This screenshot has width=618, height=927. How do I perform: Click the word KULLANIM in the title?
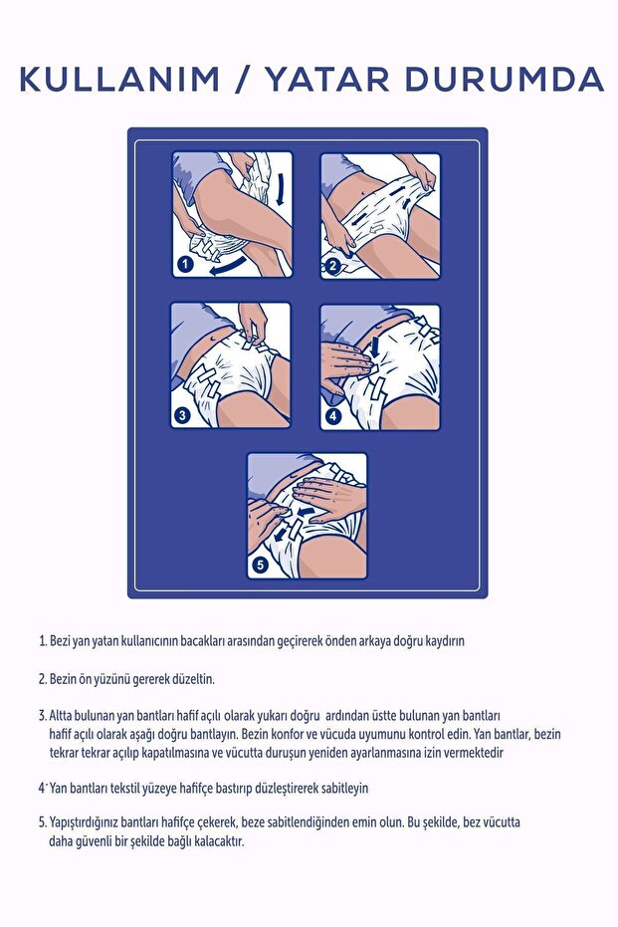point(118,79)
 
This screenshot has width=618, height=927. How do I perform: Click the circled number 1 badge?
point(184,265)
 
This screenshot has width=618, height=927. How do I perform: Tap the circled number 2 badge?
point(332,266)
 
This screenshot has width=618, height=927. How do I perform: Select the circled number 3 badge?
point(183,416)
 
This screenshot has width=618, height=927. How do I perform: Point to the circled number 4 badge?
point(332,416)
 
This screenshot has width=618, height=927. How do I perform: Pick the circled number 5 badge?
point(259,566)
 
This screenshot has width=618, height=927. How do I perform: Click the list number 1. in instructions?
point(43,641)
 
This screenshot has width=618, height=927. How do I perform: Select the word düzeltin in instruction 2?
point(190,679)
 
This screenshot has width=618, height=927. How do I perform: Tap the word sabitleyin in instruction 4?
point(337,788)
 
